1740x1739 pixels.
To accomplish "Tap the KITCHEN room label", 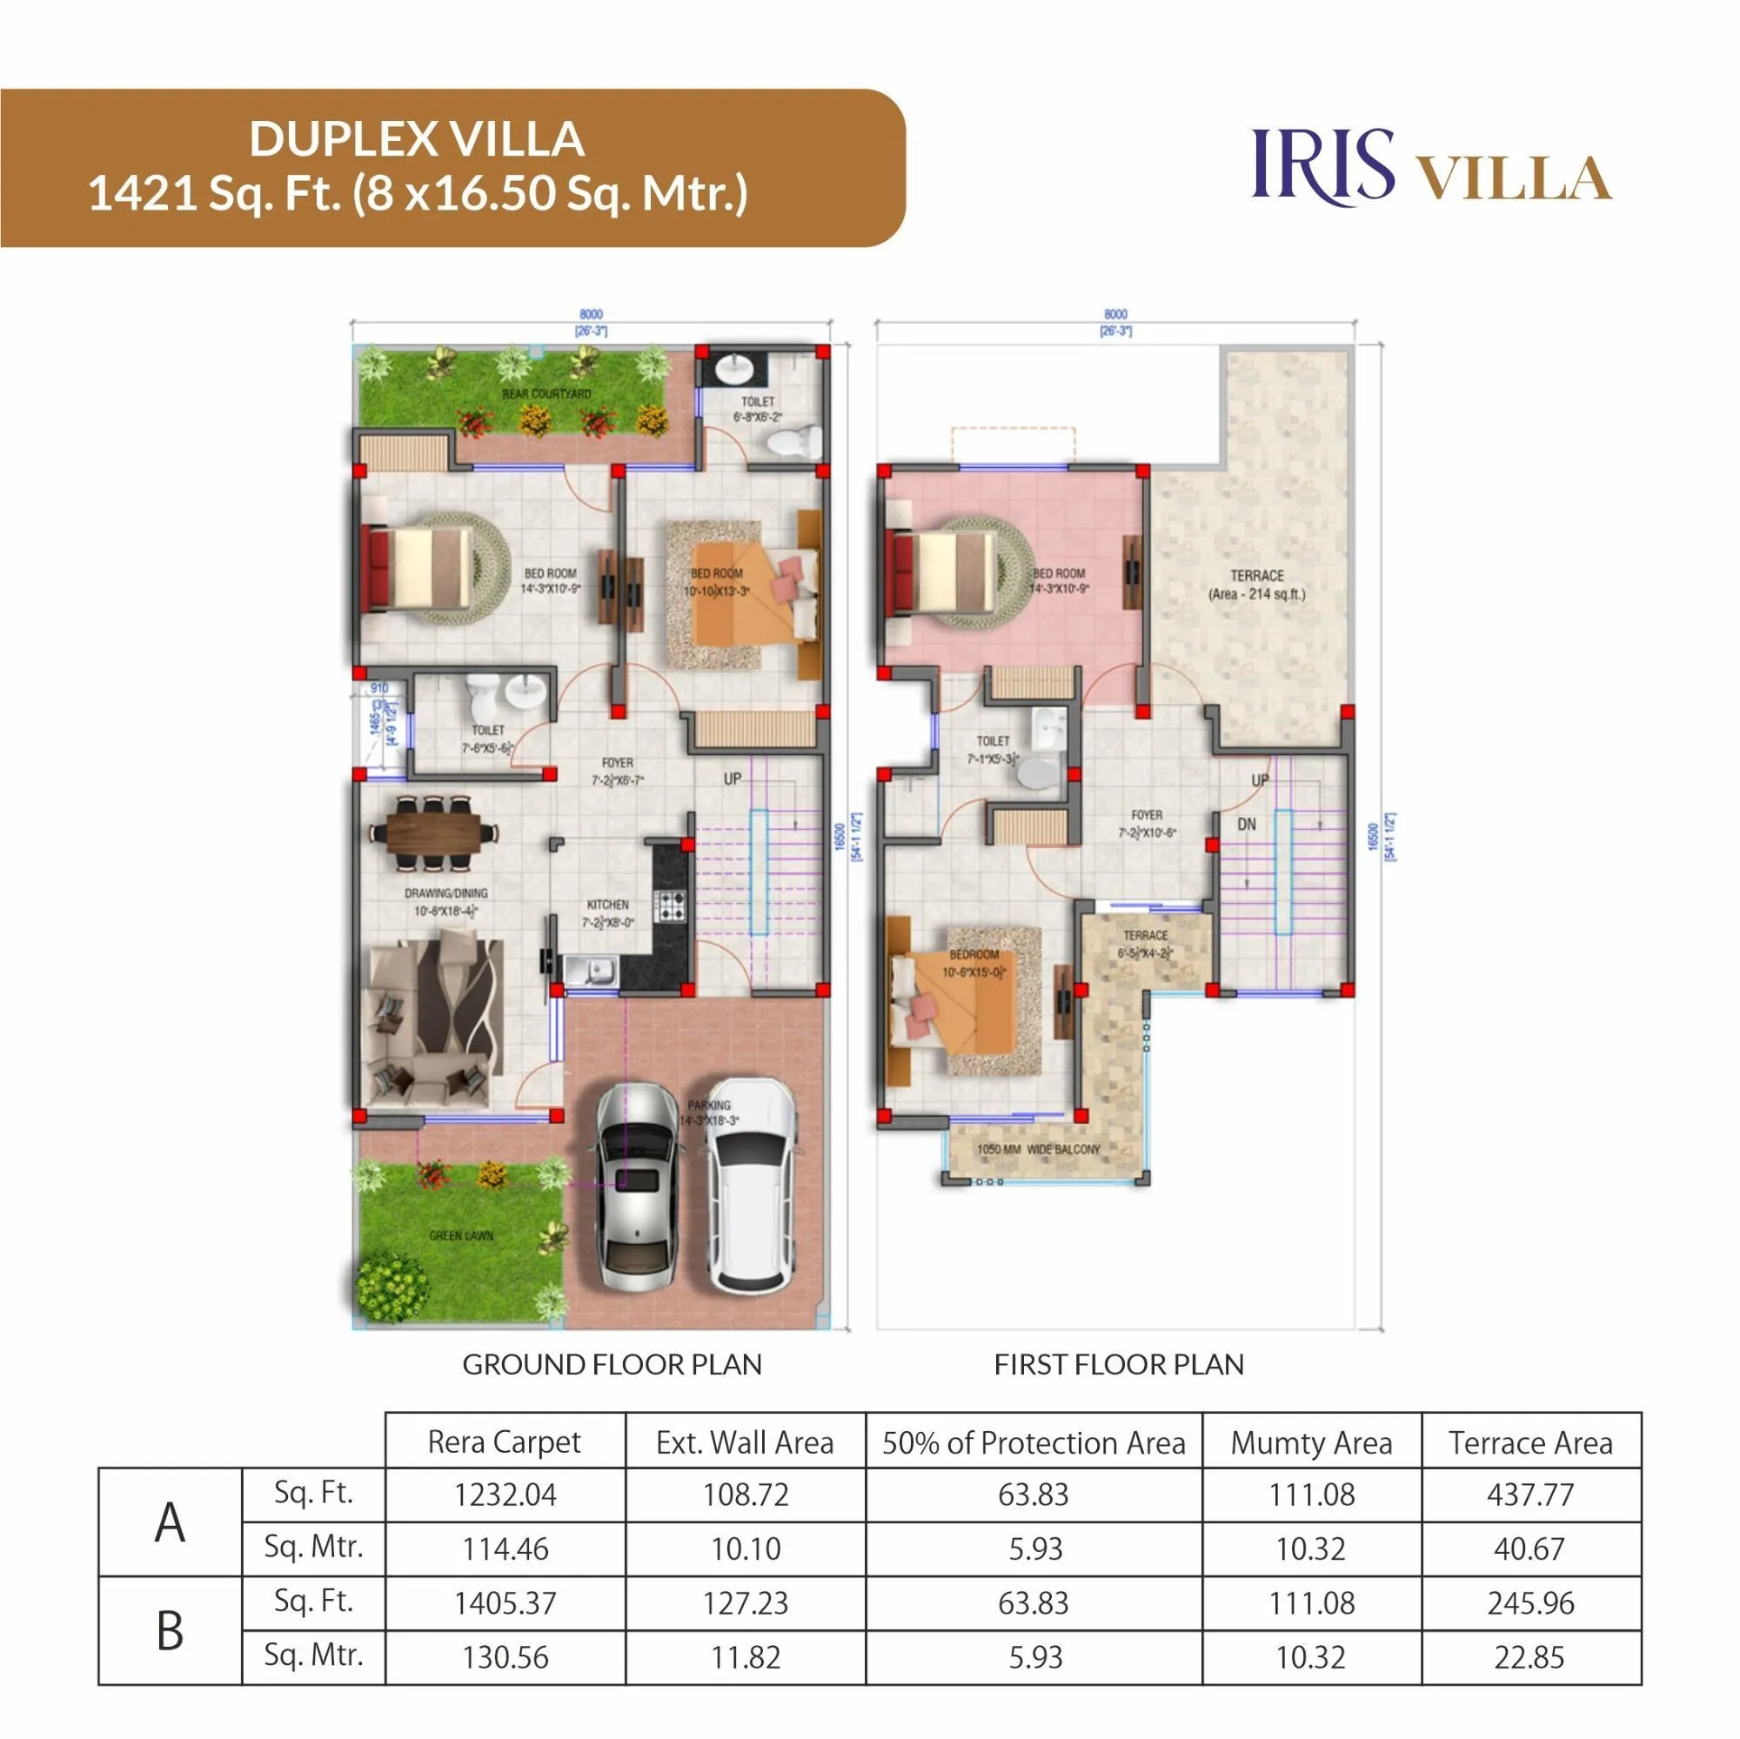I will [x=608, y=904].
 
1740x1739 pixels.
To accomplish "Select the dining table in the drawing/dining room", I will [x=434, y=833].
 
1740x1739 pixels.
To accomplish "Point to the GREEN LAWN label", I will [x=461, y=1235].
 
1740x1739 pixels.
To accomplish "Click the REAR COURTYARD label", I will [x=546, y=394].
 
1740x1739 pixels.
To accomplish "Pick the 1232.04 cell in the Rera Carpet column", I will [x=505, y=1495].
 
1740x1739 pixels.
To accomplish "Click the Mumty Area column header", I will [x=1310, y=1443].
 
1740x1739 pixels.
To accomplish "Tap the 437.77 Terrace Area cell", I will [x=1530, y=1495].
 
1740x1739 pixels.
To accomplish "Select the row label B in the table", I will [x=171, y=1630].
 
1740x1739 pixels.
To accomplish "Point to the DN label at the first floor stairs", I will [x=1247, y=824].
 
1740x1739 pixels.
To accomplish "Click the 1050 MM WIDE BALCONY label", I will [x=1039, y=1149].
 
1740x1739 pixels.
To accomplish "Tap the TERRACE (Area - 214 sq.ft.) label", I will [x=1256, y=585].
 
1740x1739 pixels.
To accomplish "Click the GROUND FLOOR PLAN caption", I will [x=612, y=1364].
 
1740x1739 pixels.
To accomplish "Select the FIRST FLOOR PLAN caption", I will [x=1119, y=1364].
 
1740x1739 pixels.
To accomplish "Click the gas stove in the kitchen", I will [x=670, y=905].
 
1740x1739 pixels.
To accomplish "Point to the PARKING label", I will [x=710, y=1105].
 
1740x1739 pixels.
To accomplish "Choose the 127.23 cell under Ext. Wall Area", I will [x=746, y=1604].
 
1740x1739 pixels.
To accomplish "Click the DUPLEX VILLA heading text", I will [x=417, y=139].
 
